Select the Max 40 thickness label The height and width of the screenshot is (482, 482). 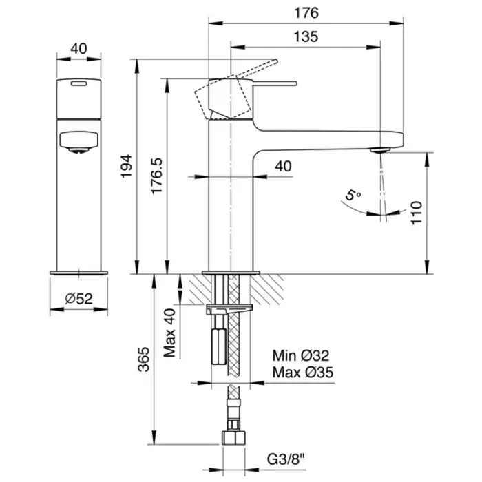click(170, 333)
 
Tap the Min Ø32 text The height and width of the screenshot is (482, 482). click(302, 356)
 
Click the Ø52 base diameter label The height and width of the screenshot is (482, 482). click(79, 299)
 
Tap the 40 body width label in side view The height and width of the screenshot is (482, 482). click(284, 166)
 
